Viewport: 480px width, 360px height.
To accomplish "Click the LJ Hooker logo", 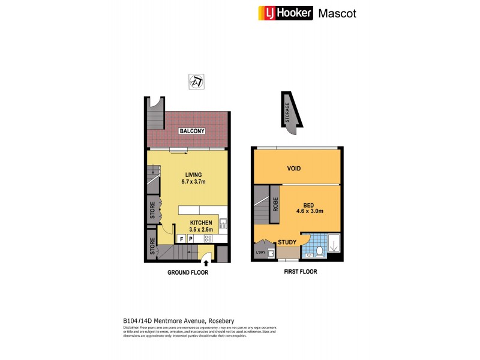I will [285, 13].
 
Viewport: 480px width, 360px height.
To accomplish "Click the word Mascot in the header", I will [337, 13].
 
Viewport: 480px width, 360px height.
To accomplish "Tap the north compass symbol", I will [195, 80].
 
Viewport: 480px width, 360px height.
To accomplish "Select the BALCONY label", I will [191, 131].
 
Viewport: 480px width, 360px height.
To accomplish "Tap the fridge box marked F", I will [181, 239].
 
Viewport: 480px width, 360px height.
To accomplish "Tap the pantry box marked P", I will [191, 239].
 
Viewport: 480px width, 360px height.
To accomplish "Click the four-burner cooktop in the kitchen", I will [209, 239].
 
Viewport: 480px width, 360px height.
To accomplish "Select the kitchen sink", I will [223, 225].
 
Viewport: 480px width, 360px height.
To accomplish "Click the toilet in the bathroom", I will [319, 251].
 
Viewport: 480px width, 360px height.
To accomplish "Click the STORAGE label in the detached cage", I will [287, 112].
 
